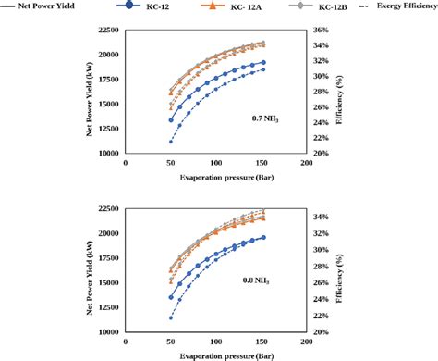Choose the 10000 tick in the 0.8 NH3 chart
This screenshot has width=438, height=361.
point(106,331)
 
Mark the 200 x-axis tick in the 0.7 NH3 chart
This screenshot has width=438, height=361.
point(306,162)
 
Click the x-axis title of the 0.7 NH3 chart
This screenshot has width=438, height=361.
point(214,173)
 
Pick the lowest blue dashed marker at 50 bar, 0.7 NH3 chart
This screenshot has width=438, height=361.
point(171,142)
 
